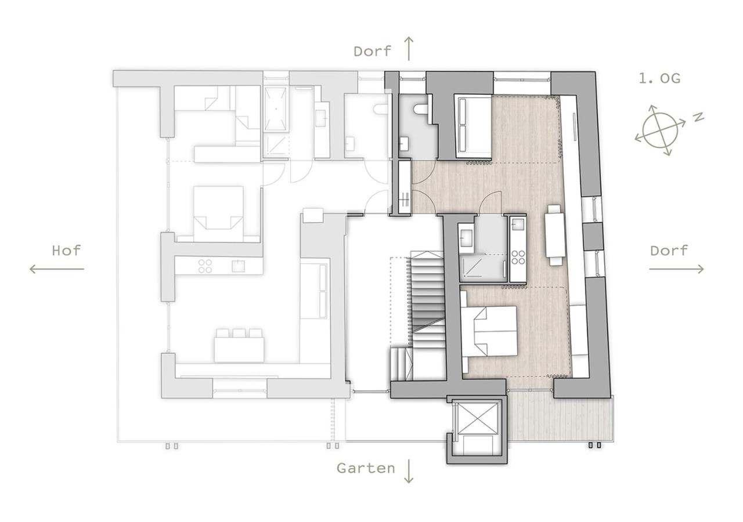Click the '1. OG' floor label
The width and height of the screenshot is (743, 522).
click(659, 78)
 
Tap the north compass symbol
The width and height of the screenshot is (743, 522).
click(660, 130)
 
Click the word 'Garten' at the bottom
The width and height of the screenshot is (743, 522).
click(366, 468)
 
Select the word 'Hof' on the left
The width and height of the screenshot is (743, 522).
click(66, 251)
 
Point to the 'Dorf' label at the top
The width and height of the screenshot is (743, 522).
click(372, 52)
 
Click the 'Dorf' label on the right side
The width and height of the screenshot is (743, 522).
click(669, 251)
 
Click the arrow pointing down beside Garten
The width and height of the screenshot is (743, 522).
click(409, 471)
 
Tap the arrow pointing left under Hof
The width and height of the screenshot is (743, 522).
click(57, 269)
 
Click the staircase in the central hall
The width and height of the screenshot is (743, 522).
click(428, 299)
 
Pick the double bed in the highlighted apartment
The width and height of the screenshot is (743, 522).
click(489, 331)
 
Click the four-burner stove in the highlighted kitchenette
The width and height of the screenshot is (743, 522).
click(518, 257)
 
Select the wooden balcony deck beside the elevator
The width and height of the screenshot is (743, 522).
click(560, 418)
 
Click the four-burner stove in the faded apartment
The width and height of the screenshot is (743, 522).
click(205, 266)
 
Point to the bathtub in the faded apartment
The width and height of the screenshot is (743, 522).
click(275, 109)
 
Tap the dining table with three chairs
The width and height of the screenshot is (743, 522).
click(239, 346)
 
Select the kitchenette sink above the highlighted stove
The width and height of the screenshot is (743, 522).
click(518, 224)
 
